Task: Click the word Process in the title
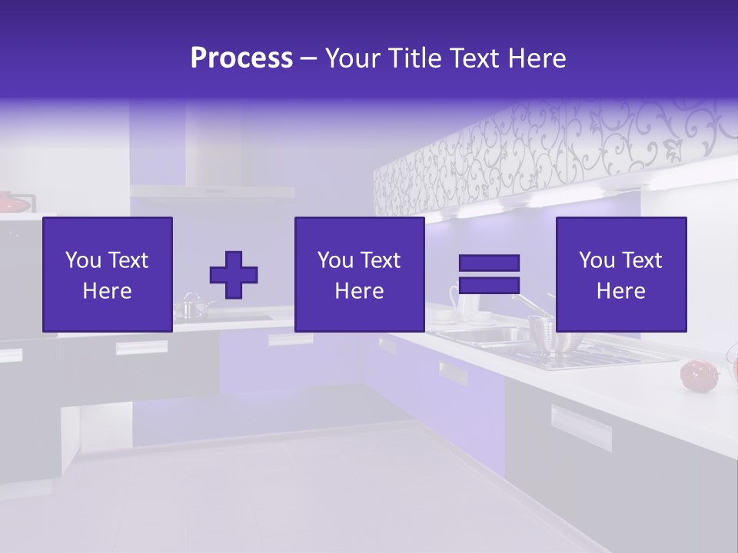241,58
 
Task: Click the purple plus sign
234,275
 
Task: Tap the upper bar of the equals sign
489,263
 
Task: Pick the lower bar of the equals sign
489,286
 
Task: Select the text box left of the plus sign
108,274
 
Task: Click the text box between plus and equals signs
360,274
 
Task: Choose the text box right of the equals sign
621,274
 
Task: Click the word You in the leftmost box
83,260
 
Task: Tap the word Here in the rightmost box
621,291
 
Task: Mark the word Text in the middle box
381,260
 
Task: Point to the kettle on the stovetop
192,307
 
